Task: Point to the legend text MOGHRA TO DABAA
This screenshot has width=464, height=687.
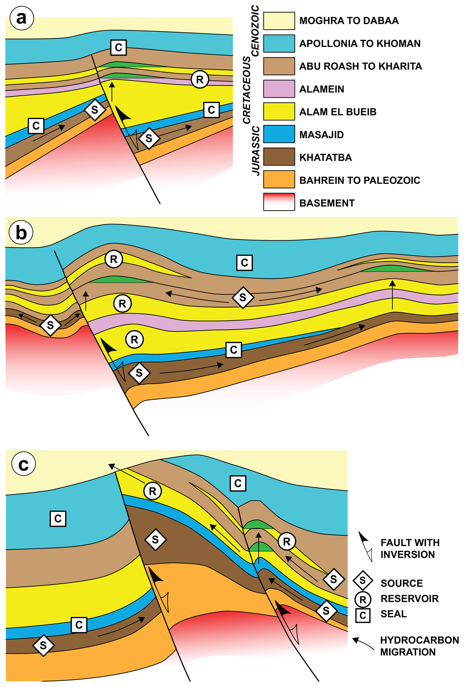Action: coord(349,21)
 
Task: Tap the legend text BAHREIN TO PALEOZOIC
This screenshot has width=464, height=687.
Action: coord(359,180)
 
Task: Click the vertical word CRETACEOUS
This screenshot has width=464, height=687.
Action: coord(247,90)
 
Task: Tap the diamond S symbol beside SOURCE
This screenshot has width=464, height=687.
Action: coord(363,581)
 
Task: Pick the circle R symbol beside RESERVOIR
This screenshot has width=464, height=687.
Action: coord(363,600)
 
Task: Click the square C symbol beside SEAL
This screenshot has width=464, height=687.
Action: coord(363,615)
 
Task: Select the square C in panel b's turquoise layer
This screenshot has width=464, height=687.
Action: coord(244,262)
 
